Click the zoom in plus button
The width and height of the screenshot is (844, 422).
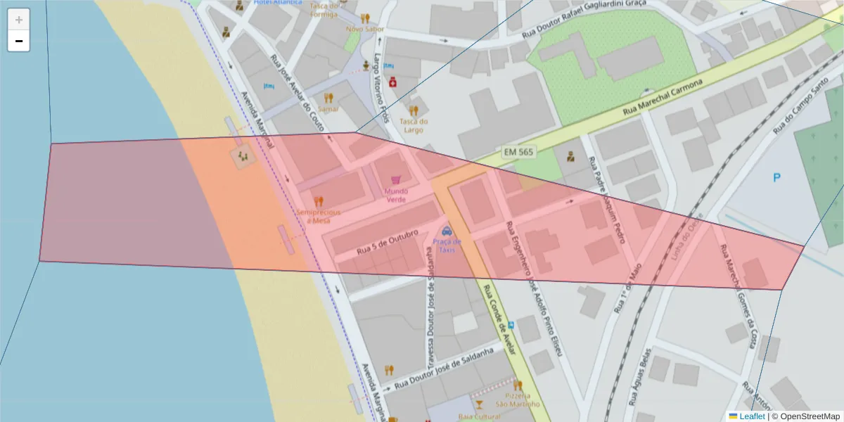[x=19, y=20]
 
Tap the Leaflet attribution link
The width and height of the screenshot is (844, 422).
[x=751, y=416]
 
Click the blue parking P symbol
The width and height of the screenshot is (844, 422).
[x=776, y=178]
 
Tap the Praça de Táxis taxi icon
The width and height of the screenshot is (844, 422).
[x=446, y=231]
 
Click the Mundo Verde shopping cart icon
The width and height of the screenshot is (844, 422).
[x=396, y=180]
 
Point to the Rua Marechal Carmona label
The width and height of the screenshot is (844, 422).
[x=663, y=98]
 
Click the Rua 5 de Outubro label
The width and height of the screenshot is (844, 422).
[x=388, y=241]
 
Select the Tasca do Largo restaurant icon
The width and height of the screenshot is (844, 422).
[x=414, y=110]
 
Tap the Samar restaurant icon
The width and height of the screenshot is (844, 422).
[x=328, y=98]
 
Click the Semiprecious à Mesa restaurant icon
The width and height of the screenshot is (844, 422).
[x=319, y=201]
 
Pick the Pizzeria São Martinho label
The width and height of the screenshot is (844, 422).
[x=518, y=399]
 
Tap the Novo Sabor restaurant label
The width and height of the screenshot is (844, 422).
[x=365, y=30]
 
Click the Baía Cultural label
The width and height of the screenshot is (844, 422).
[x=478, y=416]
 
